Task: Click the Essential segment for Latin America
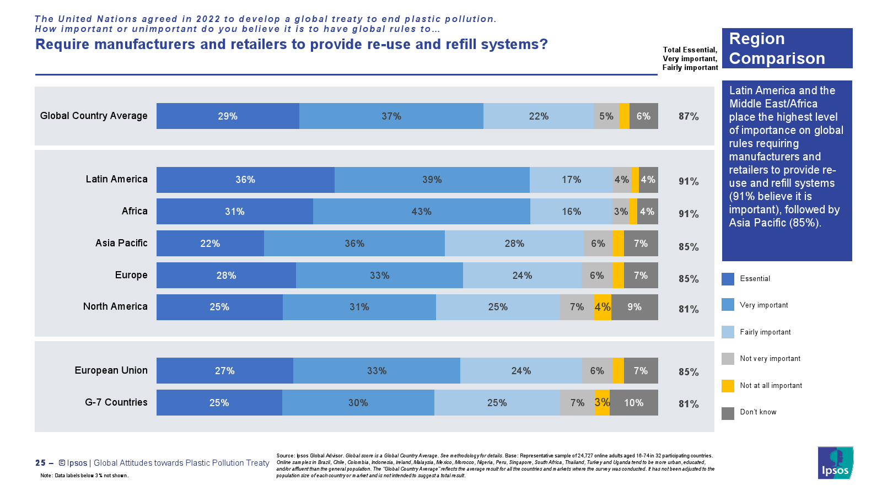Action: [245, 180]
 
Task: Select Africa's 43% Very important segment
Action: [421, 212]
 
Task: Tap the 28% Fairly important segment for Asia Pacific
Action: [514, 244]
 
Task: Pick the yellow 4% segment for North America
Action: [603, 307]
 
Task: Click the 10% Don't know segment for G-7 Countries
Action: [633, 403]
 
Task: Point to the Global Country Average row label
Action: [94, 116]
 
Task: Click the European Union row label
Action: [111, 370]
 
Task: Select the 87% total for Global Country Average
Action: [689, 116]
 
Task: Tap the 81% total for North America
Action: [689, 309]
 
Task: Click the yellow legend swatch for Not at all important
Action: [728, 386]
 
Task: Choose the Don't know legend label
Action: [758, 412]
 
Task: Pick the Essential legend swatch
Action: [728, 279]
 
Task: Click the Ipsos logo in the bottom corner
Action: [835, 463]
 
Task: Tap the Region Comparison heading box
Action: [787, 48]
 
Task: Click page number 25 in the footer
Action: [40, 463]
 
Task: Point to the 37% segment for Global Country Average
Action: [391, 116]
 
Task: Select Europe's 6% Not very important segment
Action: [597, 276]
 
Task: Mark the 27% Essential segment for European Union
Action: [224, 371]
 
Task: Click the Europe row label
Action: [131, 275]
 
